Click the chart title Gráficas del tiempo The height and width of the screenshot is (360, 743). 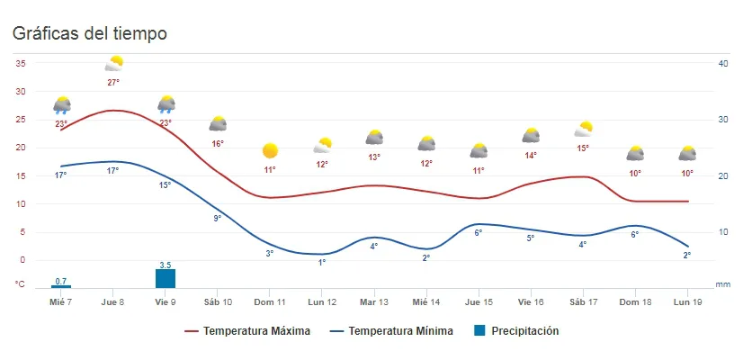tap(89, 33)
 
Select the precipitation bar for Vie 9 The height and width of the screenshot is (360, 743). tap(166, 278)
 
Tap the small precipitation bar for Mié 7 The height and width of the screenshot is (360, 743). tap(61, 286)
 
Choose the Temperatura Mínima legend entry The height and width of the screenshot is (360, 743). tap(401, 331)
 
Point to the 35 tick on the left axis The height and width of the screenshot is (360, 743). tap(20, 63)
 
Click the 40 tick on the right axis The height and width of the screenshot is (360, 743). tap(722, 63)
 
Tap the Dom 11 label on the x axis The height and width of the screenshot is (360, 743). tap(270, 301)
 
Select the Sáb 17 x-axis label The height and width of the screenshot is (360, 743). tap(584, 301)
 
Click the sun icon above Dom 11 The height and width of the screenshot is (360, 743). tap(270, 150)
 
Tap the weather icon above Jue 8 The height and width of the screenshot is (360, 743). tap(113, 63)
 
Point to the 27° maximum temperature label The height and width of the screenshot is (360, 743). tap(113, 82)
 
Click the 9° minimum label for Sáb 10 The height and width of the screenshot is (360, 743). tap(218, 218)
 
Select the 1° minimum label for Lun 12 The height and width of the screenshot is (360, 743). tap(322, 263)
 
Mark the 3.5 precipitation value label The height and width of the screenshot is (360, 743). tap(166, 265)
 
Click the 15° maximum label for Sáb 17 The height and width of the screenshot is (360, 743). tap(584, 148)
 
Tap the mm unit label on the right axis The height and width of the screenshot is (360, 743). tap(722, 284)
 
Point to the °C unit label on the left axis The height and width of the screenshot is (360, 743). tap(20, 284)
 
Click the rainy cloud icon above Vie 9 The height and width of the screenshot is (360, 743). tap(166, 104)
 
